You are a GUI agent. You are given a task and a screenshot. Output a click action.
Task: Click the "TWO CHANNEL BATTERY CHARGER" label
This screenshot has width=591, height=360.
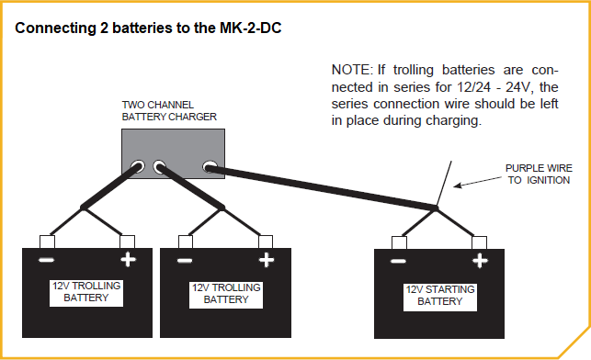(169, 111)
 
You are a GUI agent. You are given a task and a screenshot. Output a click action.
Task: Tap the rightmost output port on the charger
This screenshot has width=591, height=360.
(210, 168)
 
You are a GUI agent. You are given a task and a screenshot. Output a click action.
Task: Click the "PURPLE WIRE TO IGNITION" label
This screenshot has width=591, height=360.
(538, 174)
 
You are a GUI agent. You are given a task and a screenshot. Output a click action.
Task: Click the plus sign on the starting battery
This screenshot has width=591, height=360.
(479, 262)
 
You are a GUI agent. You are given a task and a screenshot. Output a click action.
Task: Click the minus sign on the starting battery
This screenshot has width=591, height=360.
(399, 262)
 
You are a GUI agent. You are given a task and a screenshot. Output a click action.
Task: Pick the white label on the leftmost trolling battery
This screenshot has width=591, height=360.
(86, 292)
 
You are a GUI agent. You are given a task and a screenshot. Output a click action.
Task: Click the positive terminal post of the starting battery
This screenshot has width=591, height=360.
(479, 242)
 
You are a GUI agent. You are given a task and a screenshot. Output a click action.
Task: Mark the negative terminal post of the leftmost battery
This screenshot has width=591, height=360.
(46, 242)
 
